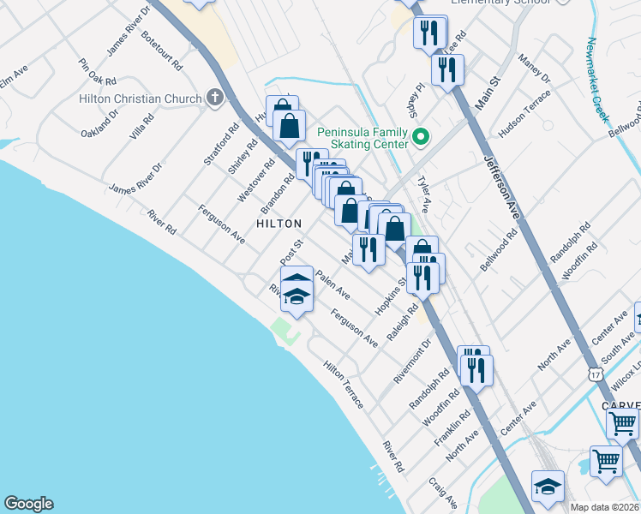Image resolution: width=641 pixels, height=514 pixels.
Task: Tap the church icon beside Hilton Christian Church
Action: (x=213, y=99)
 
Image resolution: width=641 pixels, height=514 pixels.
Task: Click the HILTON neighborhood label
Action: (x=279, y=224)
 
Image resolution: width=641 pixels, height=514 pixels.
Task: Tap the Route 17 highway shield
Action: (x=596, y=375)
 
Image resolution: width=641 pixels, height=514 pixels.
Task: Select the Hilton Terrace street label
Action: (x=344, y=383)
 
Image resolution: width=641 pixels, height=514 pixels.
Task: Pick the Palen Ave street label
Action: (x=332, y=284)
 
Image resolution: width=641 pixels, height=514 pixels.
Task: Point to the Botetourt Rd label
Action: (x=162, y=51)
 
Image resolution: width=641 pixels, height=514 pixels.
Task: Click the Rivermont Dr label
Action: (x=413, y=359)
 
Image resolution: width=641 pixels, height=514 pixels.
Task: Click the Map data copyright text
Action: (x=605, y=507)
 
